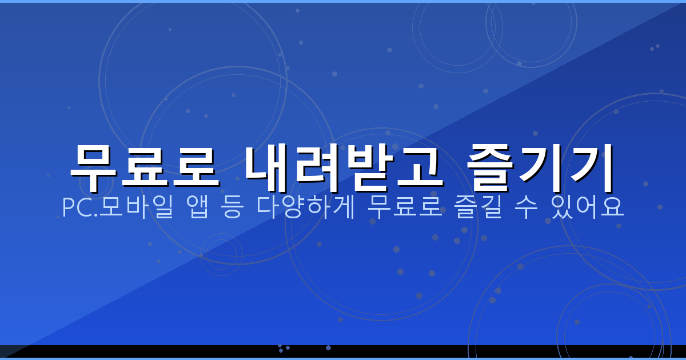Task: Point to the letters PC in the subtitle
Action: tap(74, 208)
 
